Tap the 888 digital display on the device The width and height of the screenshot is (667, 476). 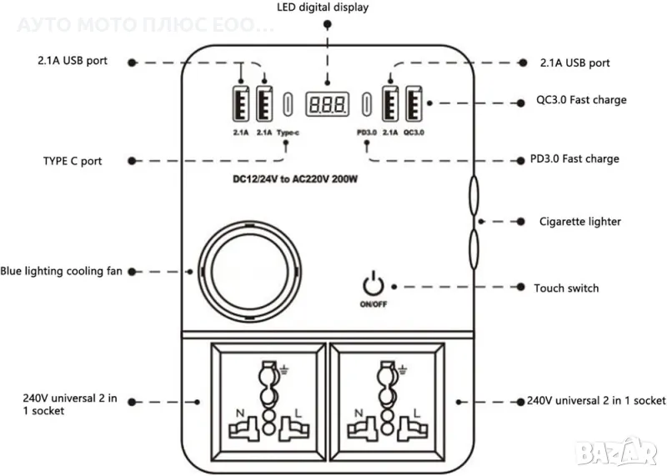[327, 103]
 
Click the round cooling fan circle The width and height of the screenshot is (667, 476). [248, 271]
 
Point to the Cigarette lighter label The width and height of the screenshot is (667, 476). [579, 222]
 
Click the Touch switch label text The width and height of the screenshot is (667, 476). [566, 288]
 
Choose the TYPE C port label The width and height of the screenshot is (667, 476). [73, 161]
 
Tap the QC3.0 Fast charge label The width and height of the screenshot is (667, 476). [581, 100]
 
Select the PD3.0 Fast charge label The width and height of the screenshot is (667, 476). [574, 158]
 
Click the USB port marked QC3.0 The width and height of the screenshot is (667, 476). [412, 104]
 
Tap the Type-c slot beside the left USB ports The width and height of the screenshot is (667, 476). [288, 104]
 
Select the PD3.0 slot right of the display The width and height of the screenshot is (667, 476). [367, 104]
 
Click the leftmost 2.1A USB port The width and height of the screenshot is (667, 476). [242, 104]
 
